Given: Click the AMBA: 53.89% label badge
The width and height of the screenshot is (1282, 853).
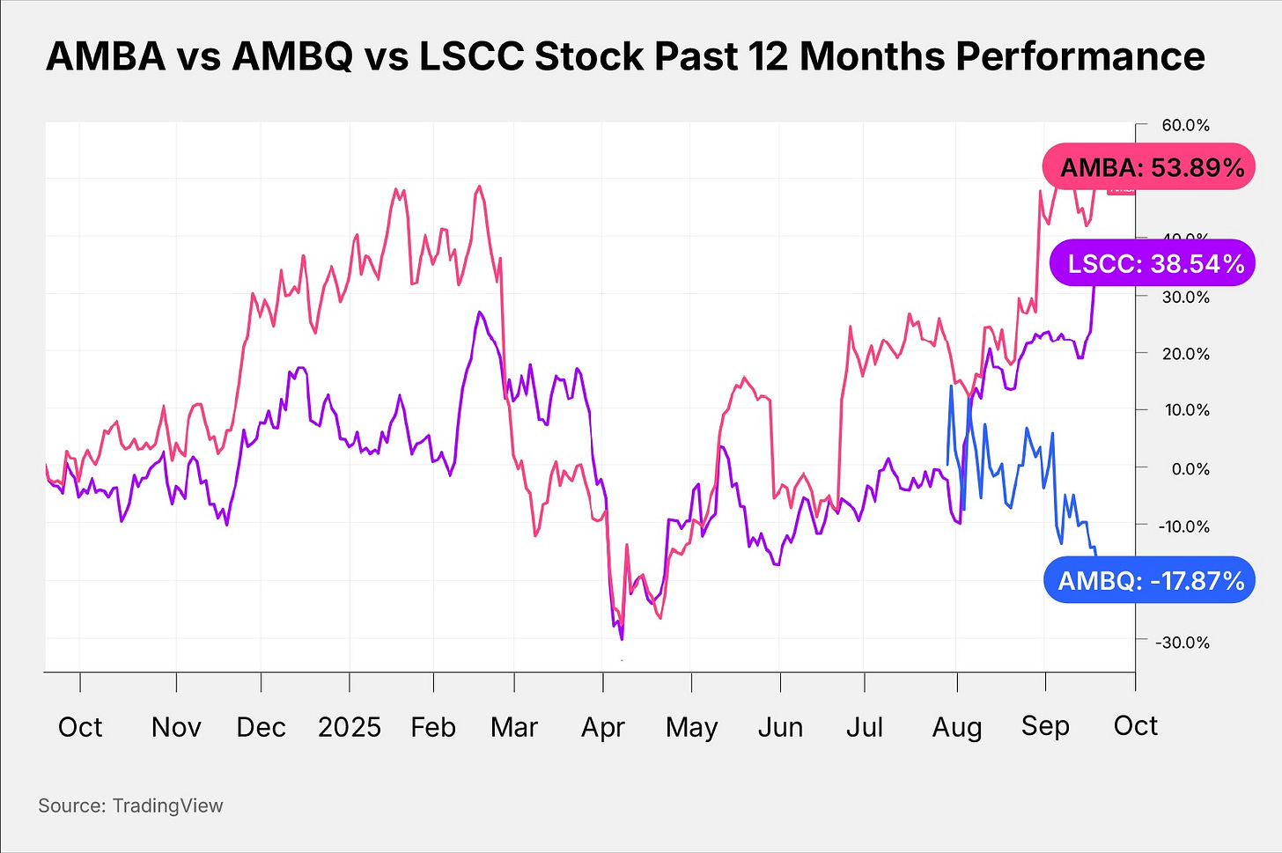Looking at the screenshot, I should pos(1149,167).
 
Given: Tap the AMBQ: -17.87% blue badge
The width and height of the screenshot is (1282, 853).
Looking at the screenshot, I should pos(1149,580).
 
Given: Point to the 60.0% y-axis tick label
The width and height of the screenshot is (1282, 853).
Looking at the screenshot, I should pos(1185,126).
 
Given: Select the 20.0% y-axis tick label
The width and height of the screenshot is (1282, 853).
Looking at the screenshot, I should pos(1185,354).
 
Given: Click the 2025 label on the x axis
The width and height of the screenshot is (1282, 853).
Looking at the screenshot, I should pos(349,727).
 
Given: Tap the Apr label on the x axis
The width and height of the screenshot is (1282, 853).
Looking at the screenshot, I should pos(603,727).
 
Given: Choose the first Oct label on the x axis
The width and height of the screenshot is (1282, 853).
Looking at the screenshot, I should pos(80,727).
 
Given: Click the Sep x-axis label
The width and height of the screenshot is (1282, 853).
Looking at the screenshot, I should pos(1045,726).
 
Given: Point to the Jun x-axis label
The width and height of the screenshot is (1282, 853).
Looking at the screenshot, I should pos(780,727).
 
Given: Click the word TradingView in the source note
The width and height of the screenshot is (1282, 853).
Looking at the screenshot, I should pos(167,805).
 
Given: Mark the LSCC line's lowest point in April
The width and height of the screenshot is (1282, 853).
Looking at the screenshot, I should pos(622,639).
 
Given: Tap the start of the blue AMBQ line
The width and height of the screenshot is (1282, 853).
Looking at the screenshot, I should pos(947,464).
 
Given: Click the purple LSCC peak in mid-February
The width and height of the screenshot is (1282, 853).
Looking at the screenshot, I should pos(479,313).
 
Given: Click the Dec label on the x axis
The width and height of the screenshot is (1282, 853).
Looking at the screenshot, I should pos(261,727).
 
